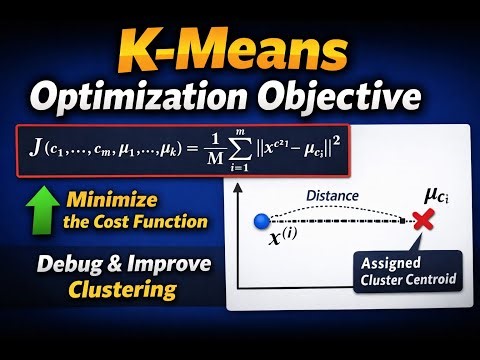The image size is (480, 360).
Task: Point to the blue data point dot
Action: (x=263, y=220)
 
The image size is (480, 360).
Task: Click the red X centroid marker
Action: (x=423, y=220)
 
